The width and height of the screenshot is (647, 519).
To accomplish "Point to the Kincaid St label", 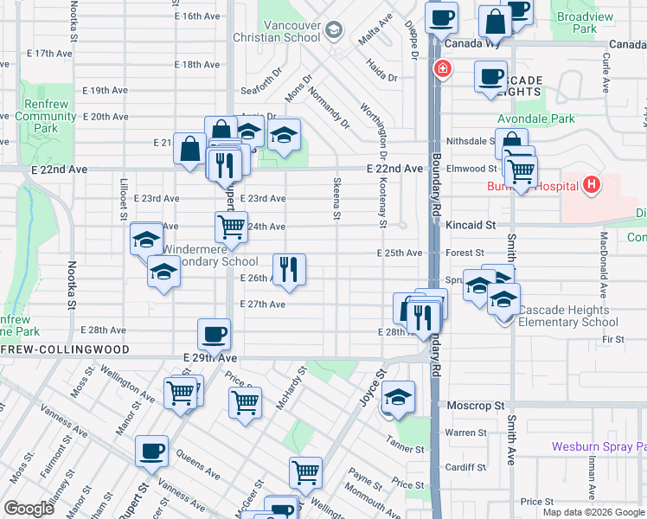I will (471, 225).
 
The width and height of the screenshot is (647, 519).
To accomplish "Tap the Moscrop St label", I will (475, 405).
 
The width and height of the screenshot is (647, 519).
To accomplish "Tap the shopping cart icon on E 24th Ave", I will (231, 227).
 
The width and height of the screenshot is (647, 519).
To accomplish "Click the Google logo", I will (29, 508).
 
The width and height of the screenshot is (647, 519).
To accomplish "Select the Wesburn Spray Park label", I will (599, 447).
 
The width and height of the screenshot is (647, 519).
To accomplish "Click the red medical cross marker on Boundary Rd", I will (441, 68).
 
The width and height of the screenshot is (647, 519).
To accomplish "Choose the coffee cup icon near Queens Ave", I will (151, 450).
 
